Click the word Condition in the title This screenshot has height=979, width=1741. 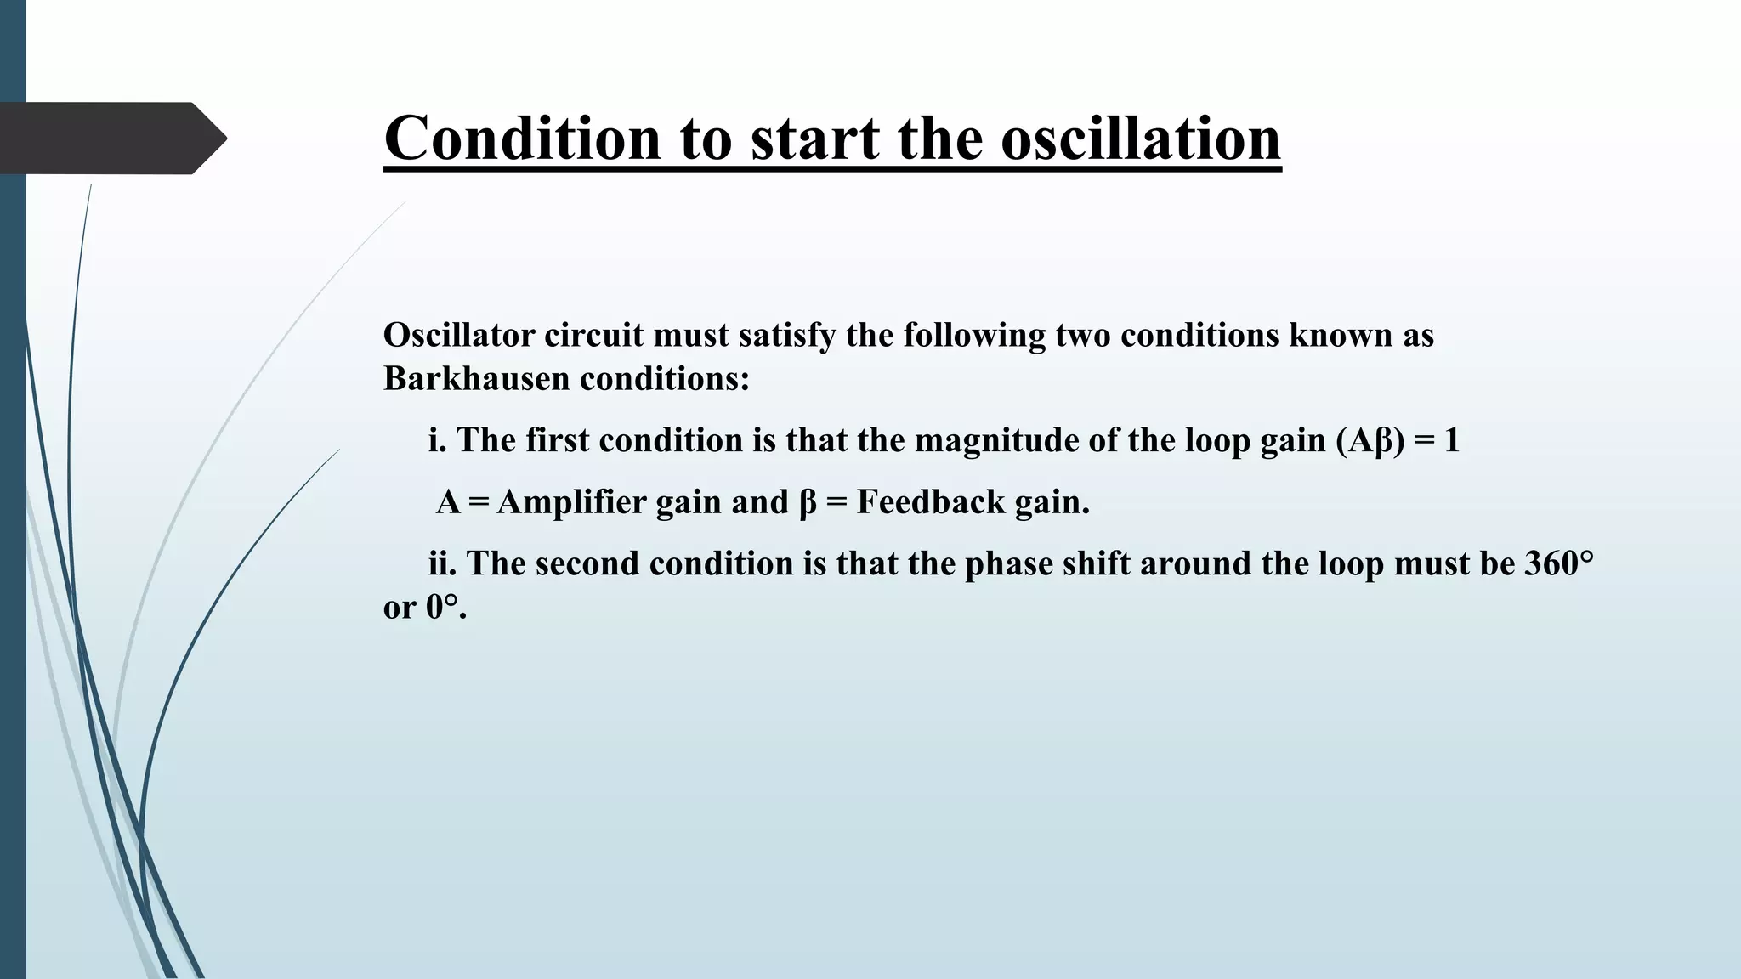[522, 138]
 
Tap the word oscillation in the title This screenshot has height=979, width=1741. [1141, 138]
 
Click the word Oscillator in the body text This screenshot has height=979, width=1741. [459, 335]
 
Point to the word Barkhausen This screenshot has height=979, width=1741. [476, 378]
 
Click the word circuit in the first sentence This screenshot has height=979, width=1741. [593, 335]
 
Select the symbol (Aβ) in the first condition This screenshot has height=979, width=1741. [1370, 440]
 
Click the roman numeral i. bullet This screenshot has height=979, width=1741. [437, 440]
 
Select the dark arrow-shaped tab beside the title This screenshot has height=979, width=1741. [111, 138]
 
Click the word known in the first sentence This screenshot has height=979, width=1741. [1340, 335]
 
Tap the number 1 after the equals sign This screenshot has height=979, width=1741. [1451, 440]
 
